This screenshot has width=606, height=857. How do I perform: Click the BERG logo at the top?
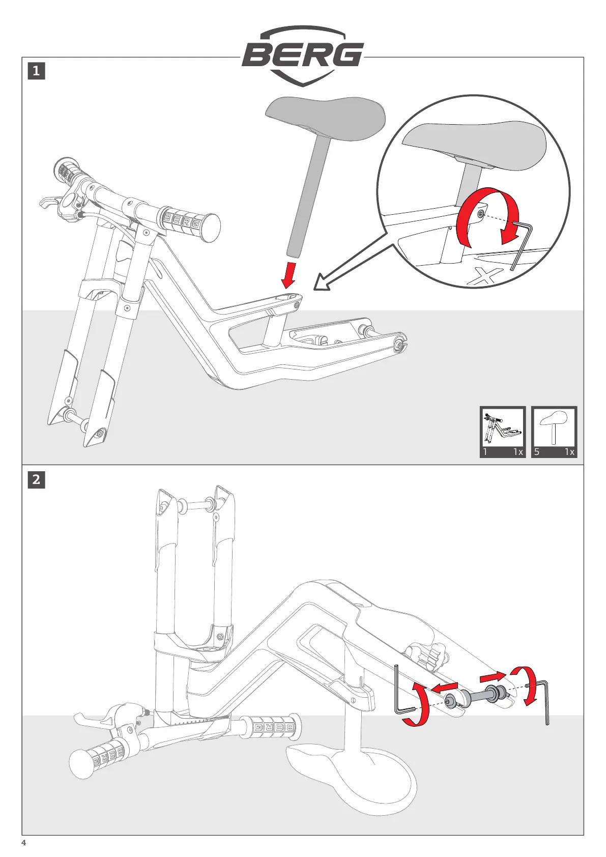pos(303,55)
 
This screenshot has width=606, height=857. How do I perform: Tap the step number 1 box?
pos(36,71)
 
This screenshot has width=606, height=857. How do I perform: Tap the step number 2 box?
pos(36,479)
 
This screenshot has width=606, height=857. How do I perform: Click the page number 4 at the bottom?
pos(23,843)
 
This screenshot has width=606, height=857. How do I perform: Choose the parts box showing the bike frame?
pos(503,432)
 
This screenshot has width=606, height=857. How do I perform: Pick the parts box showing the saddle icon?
pos(554,432)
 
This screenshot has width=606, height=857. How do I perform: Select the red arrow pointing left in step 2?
pos(444,688)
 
